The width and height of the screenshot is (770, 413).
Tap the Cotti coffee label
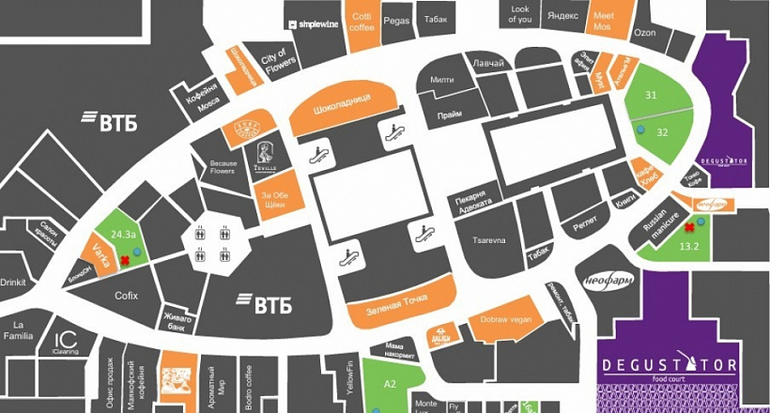click(x=362, y=21)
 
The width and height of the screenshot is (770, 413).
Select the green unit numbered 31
click(x=651, y=95)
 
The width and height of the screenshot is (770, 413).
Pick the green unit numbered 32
click(x=662, y=132)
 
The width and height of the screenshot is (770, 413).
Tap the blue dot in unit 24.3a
click(x=137, y=252)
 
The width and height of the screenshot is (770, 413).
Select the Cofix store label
click(x=127, y=296)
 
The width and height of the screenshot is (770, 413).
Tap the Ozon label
click(x=644, y=31)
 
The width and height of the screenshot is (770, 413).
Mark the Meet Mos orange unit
click(x=604, y=21)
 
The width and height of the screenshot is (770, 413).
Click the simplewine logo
click(x=316, y=23)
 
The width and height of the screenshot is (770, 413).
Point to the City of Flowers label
click(x=278, y=64)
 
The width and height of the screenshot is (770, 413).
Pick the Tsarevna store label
click(x=488, y=240)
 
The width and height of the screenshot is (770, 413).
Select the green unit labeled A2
click(x=391, y=384)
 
